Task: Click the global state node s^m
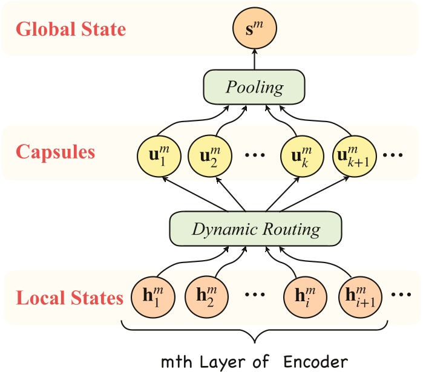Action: [254, 28]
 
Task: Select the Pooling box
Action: [254, 87]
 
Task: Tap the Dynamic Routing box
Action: [256, 229]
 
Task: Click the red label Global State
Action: [71, 30]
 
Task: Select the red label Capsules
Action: [56, 151]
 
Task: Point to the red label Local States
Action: [70, 298]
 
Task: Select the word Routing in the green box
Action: [289, 230]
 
